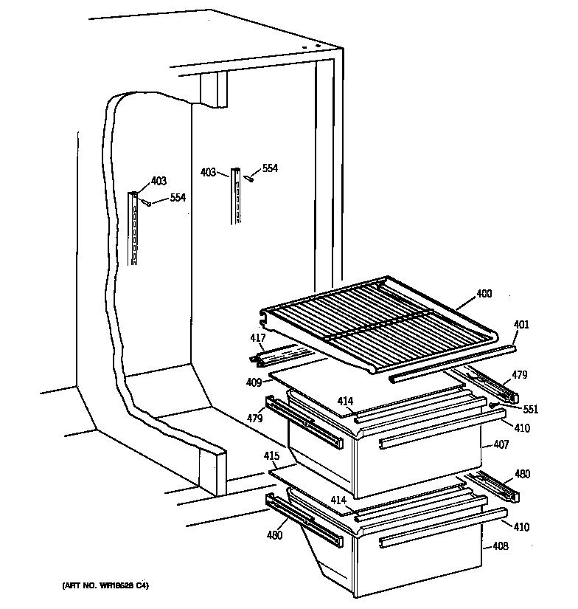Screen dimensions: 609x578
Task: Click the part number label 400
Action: click(x=484, y=294)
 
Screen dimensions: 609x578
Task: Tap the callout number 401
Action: click(x=521, y=324)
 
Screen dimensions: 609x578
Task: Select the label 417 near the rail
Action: click(x=257, y=339)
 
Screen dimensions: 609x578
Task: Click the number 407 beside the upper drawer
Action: click(x=501, y=445)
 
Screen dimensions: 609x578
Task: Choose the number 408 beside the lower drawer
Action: click(x=501, y=547)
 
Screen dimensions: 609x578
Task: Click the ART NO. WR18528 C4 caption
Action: click(x=105, y=586)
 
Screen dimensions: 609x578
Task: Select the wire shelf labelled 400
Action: click(x=376, y=317)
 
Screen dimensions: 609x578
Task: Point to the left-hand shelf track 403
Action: click(x=134, y=228)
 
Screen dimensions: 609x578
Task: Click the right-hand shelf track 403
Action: click(x=236, y=196)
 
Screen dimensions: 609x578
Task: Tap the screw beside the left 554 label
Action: click(x=147, y=202)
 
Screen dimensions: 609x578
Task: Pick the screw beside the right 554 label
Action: click(x=250, y=176)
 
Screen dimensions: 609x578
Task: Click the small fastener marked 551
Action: click(x=492, y=405)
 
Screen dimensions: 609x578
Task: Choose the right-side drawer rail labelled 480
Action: click(x=494, y=487)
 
